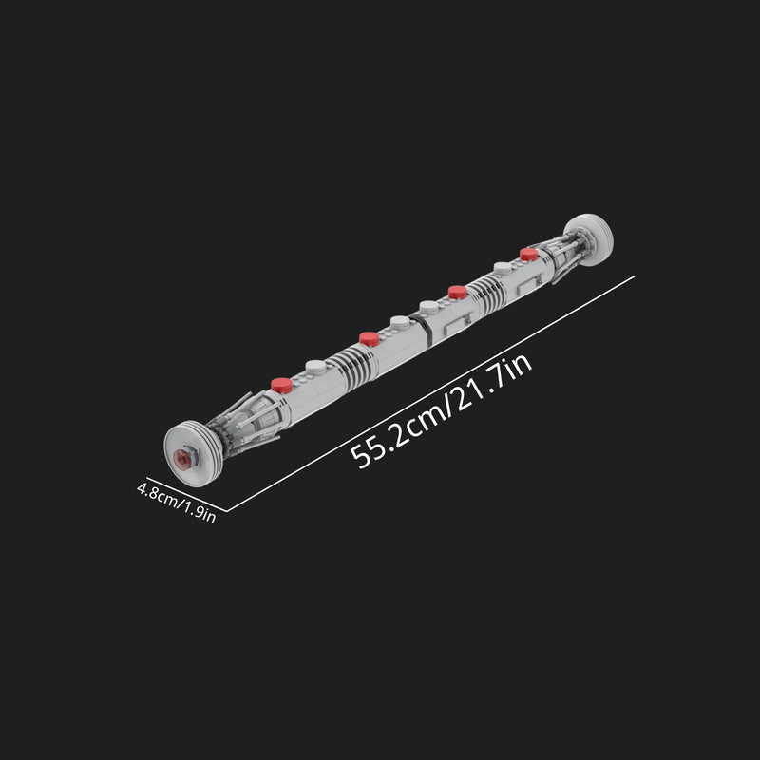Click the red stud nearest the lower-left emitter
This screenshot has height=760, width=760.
[281, 385]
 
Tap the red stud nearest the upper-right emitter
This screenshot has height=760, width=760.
[529, 254]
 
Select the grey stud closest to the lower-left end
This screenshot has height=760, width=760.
[314, 365]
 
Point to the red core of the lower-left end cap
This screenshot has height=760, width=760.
[182, 458]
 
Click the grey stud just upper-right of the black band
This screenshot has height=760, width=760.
[430, 306]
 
